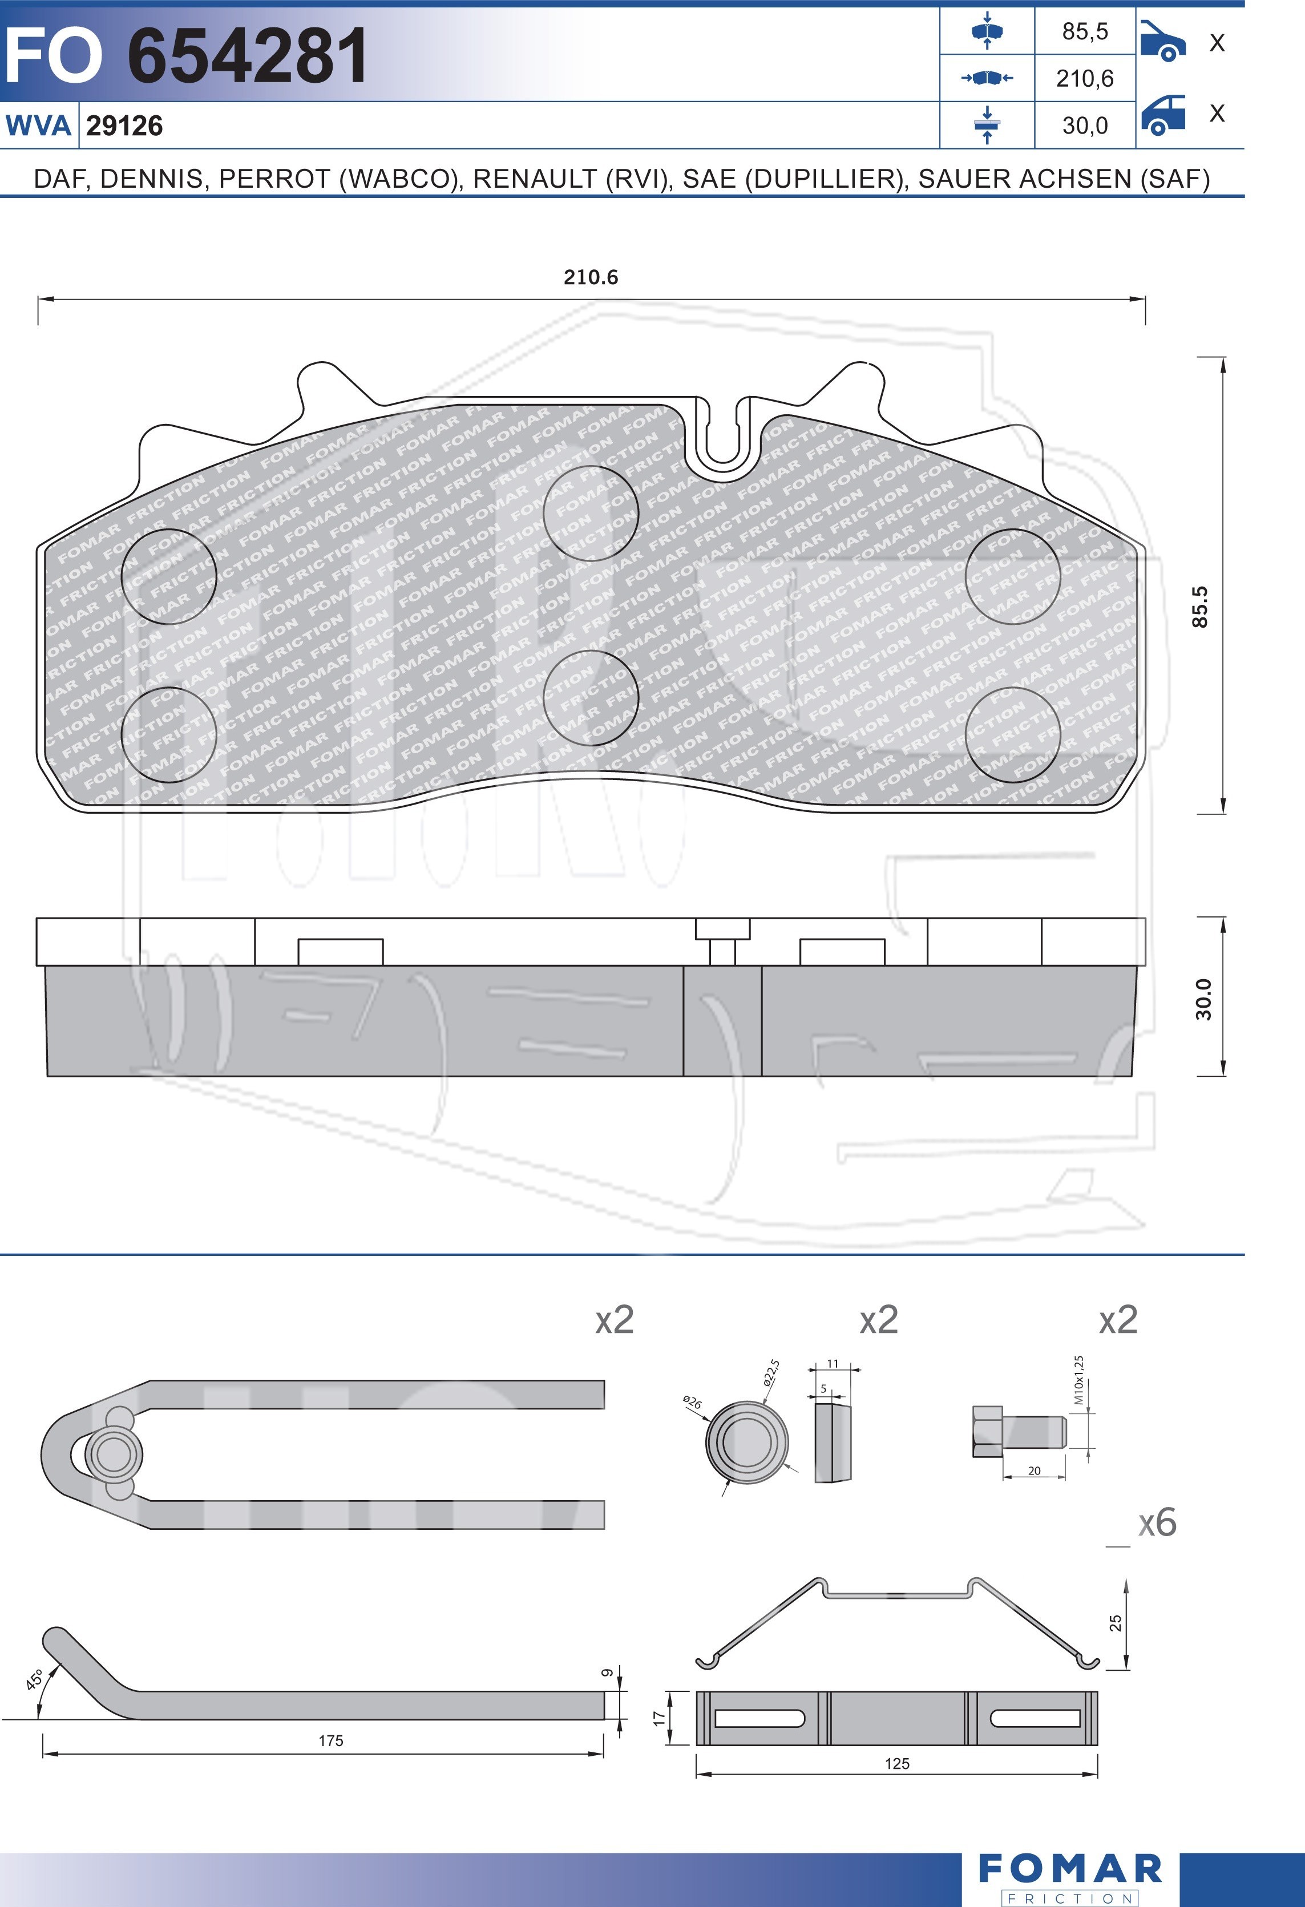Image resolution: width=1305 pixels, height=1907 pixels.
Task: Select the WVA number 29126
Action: (124, 126)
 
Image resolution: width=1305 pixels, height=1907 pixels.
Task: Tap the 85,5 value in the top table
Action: (1084, 31)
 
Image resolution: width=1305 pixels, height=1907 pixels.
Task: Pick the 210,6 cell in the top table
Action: (1084, 79)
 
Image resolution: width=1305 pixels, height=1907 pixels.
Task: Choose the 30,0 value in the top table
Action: (1084, 126)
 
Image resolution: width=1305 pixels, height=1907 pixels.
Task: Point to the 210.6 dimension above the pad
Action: (590, 277)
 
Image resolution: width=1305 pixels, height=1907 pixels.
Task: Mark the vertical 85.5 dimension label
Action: (1200, 607)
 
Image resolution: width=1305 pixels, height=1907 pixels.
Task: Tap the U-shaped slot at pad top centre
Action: (721, 439)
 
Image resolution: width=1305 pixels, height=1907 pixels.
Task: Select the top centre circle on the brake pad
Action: (590, 514)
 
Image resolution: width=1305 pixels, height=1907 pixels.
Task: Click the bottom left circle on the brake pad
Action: (168, 734)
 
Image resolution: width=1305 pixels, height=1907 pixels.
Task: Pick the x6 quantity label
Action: (1157, 1523)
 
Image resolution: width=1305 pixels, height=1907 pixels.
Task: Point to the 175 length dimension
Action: (331, 1740)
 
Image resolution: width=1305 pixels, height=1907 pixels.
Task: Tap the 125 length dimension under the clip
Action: (896, 1763)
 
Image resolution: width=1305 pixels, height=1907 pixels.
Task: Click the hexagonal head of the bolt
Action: (987, 1432)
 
